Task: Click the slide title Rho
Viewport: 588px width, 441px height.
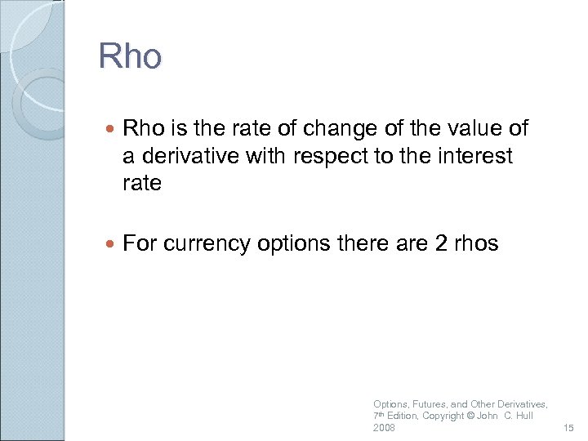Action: tap(131, 57)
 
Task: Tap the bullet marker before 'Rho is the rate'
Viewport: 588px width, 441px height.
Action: tap(111, 129)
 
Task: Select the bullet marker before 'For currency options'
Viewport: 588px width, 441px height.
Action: tap(111, 243)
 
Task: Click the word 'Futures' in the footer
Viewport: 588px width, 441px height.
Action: tap(428, 404)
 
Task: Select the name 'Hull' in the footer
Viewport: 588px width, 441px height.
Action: tap(523, 416)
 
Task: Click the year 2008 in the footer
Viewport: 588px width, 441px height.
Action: tap(384, 428)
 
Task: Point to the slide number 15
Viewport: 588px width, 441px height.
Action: tap(569, 428)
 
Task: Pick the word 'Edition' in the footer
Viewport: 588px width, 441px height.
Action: tap(402, 416)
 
